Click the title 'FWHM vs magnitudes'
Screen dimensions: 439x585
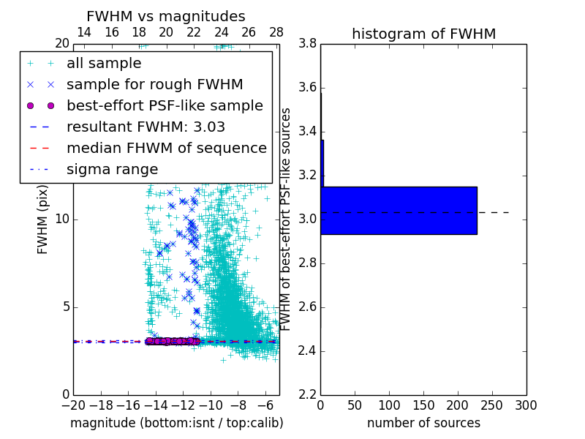tap(165, 16)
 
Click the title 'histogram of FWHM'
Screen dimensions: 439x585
tap(423, 34)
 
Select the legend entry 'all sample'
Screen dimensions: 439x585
tap(103, 64)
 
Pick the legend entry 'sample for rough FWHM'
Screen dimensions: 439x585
tap(154, 84)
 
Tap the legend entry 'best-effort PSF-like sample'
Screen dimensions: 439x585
tap(165, 105)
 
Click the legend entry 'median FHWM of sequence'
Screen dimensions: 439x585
tap(166, 148)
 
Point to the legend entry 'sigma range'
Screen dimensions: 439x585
tap(112, 169)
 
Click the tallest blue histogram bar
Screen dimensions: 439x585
tap(399, 211)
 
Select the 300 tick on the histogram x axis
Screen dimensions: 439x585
tap(526, 405)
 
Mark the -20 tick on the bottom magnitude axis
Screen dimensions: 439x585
tap(73, 405)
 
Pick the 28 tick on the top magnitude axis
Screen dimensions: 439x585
tap(276, 33)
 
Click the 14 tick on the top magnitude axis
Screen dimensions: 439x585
tap(84, 33)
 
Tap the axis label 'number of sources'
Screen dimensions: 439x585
tap(423, 423)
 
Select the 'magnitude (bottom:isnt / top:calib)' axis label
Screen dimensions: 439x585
tap(176, 423)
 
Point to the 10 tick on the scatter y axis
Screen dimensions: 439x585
tap(62, 219)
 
